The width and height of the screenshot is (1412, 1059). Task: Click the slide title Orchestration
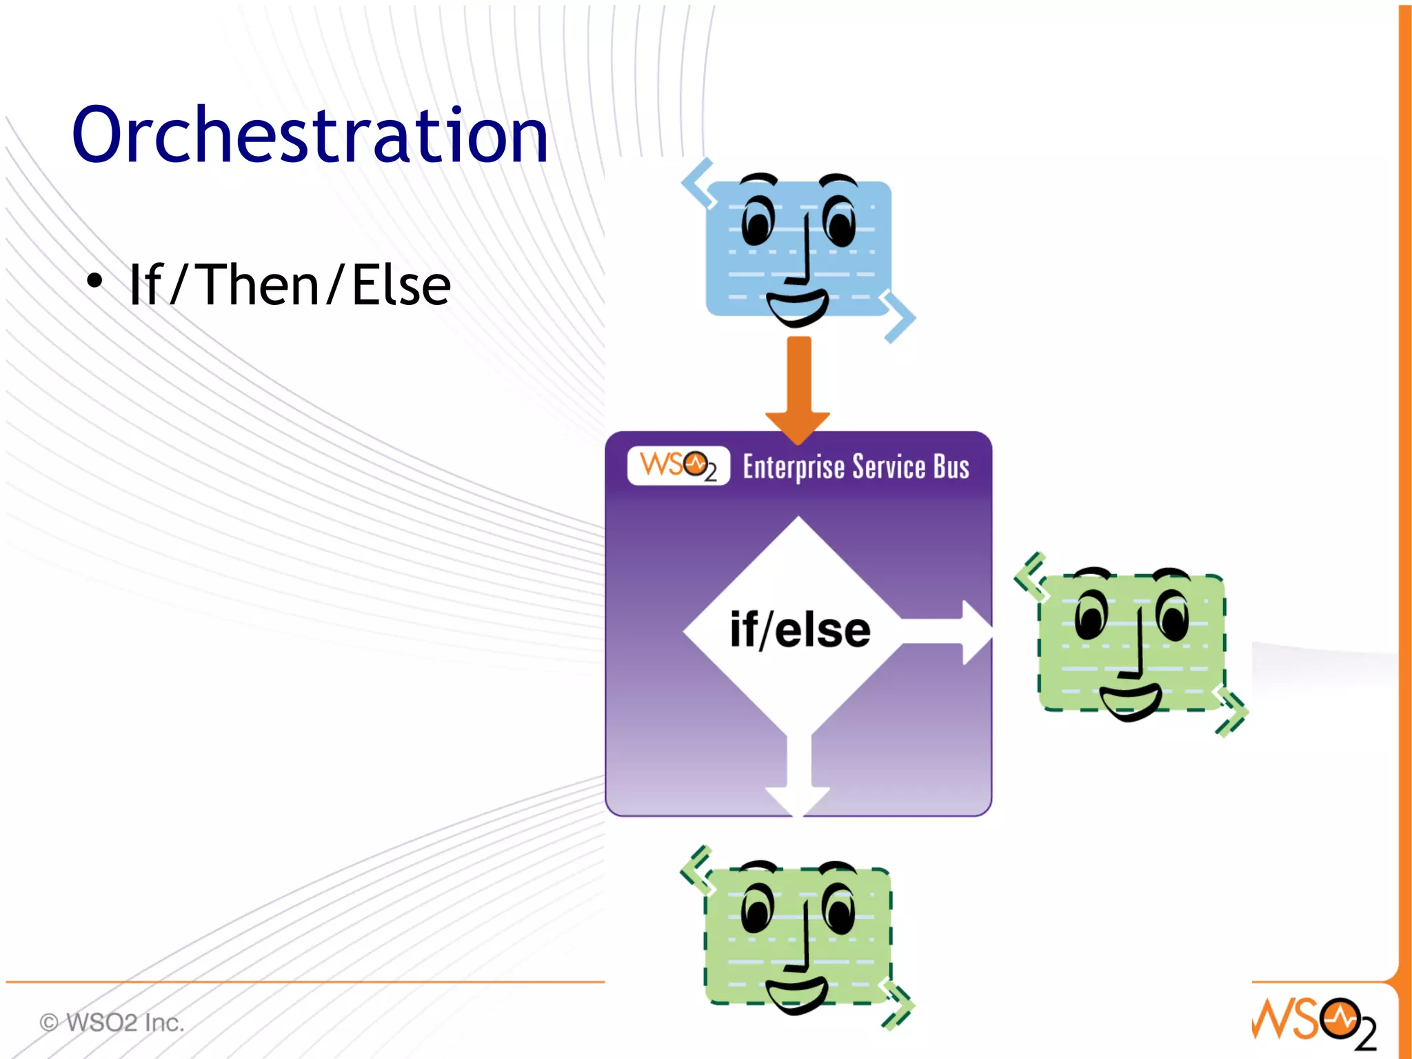[x=310, y=135]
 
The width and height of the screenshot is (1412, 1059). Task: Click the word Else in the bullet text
[x=401, y=285]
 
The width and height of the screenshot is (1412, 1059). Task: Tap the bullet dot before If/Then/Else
[x=94, y=280]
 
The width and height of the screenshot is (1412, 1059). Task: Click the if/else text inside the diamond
[x=800, y=629]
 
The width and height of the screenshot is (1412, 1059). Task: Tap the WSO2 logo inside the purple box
[x=678, y=466]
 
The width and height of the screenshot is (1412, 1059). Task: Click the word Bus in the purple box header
[x=951, y=467]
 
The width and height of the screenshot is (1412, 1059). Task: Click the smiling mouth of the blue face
[x=797, y=308]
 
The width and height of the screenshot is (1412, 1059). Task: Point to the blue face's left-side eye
[x=758, y=221]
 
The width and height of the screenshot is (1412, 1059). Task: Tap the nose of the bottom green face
[x=802, y=938]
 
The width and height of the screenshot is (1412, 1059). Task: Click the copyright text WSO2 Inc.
[x=112, y=1022]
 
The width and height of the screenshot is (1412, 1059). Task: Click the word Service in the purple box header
[x=889, y=467]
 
